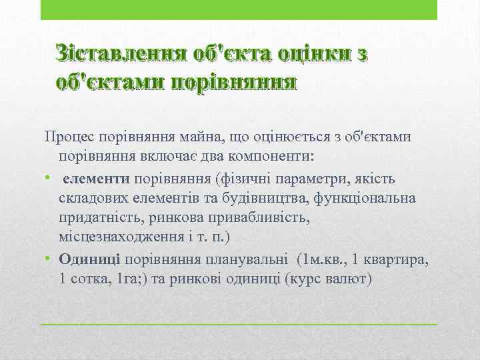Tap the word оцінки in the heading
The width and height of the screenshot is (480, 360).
tap(307, 53)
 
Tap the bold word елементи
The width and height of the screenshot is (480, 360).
tap(97, 178)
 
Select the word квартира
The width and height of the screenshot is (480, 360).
tap(396, 259)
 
